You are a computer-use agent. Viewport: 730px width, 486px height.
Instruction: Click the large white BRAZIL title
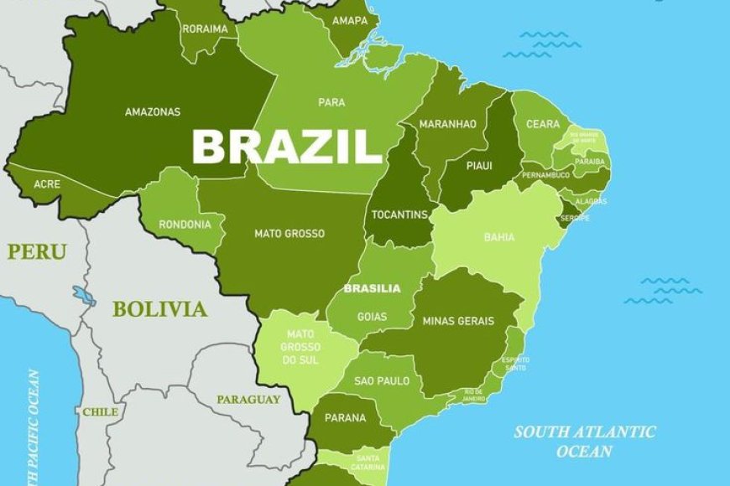287,146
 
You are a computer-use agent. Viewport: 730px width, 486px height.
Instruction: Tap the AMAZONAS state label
152,111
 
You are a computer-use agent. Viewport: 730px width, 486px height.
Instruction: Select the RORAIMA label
205,28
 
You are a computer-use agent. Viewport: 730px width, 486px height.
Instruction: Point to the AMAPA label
349,20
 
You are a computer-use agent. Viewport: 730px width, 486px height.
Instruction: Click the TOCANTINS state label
399,215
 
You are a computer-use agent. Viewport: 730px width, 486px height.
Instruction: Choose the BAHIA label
499,237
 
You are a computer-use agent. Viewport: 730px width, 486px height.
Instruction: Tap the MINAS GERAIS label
458,321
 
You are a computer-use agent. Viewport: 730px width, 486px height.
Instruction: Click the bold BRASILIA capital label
372,287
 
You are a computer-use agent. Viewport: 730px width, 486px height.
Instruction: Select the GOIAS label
372,318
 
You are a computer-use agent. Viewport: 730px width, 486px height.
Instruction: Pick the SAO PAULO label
382,380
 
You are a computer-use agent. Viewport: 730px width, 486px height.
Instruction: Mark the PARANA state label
346,417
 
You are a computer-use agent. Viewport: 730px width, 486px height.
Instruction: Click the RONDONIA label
180,224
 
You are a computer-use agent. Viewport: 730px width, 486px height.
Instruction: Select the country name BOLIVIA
159,309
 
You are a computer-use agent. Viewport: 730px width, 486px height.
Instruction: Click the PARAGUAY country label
248,400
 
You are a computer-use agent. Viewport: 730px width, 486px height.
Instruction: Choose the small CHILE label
100,411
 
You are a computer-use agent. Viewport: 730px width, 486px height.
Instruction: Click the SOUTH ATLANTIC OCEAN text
585,442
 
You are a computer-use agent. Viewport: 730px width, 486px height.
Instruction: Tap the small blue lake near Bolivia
84,296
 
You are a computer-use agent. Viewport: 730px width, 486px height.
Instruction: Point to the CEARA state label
542,124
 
